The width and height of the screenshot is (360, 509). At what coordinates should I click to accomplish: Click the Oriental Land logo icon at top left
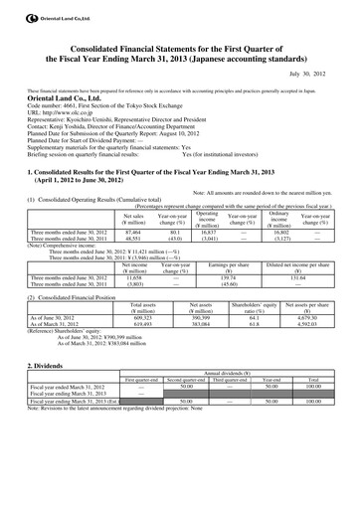(9, 9)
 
